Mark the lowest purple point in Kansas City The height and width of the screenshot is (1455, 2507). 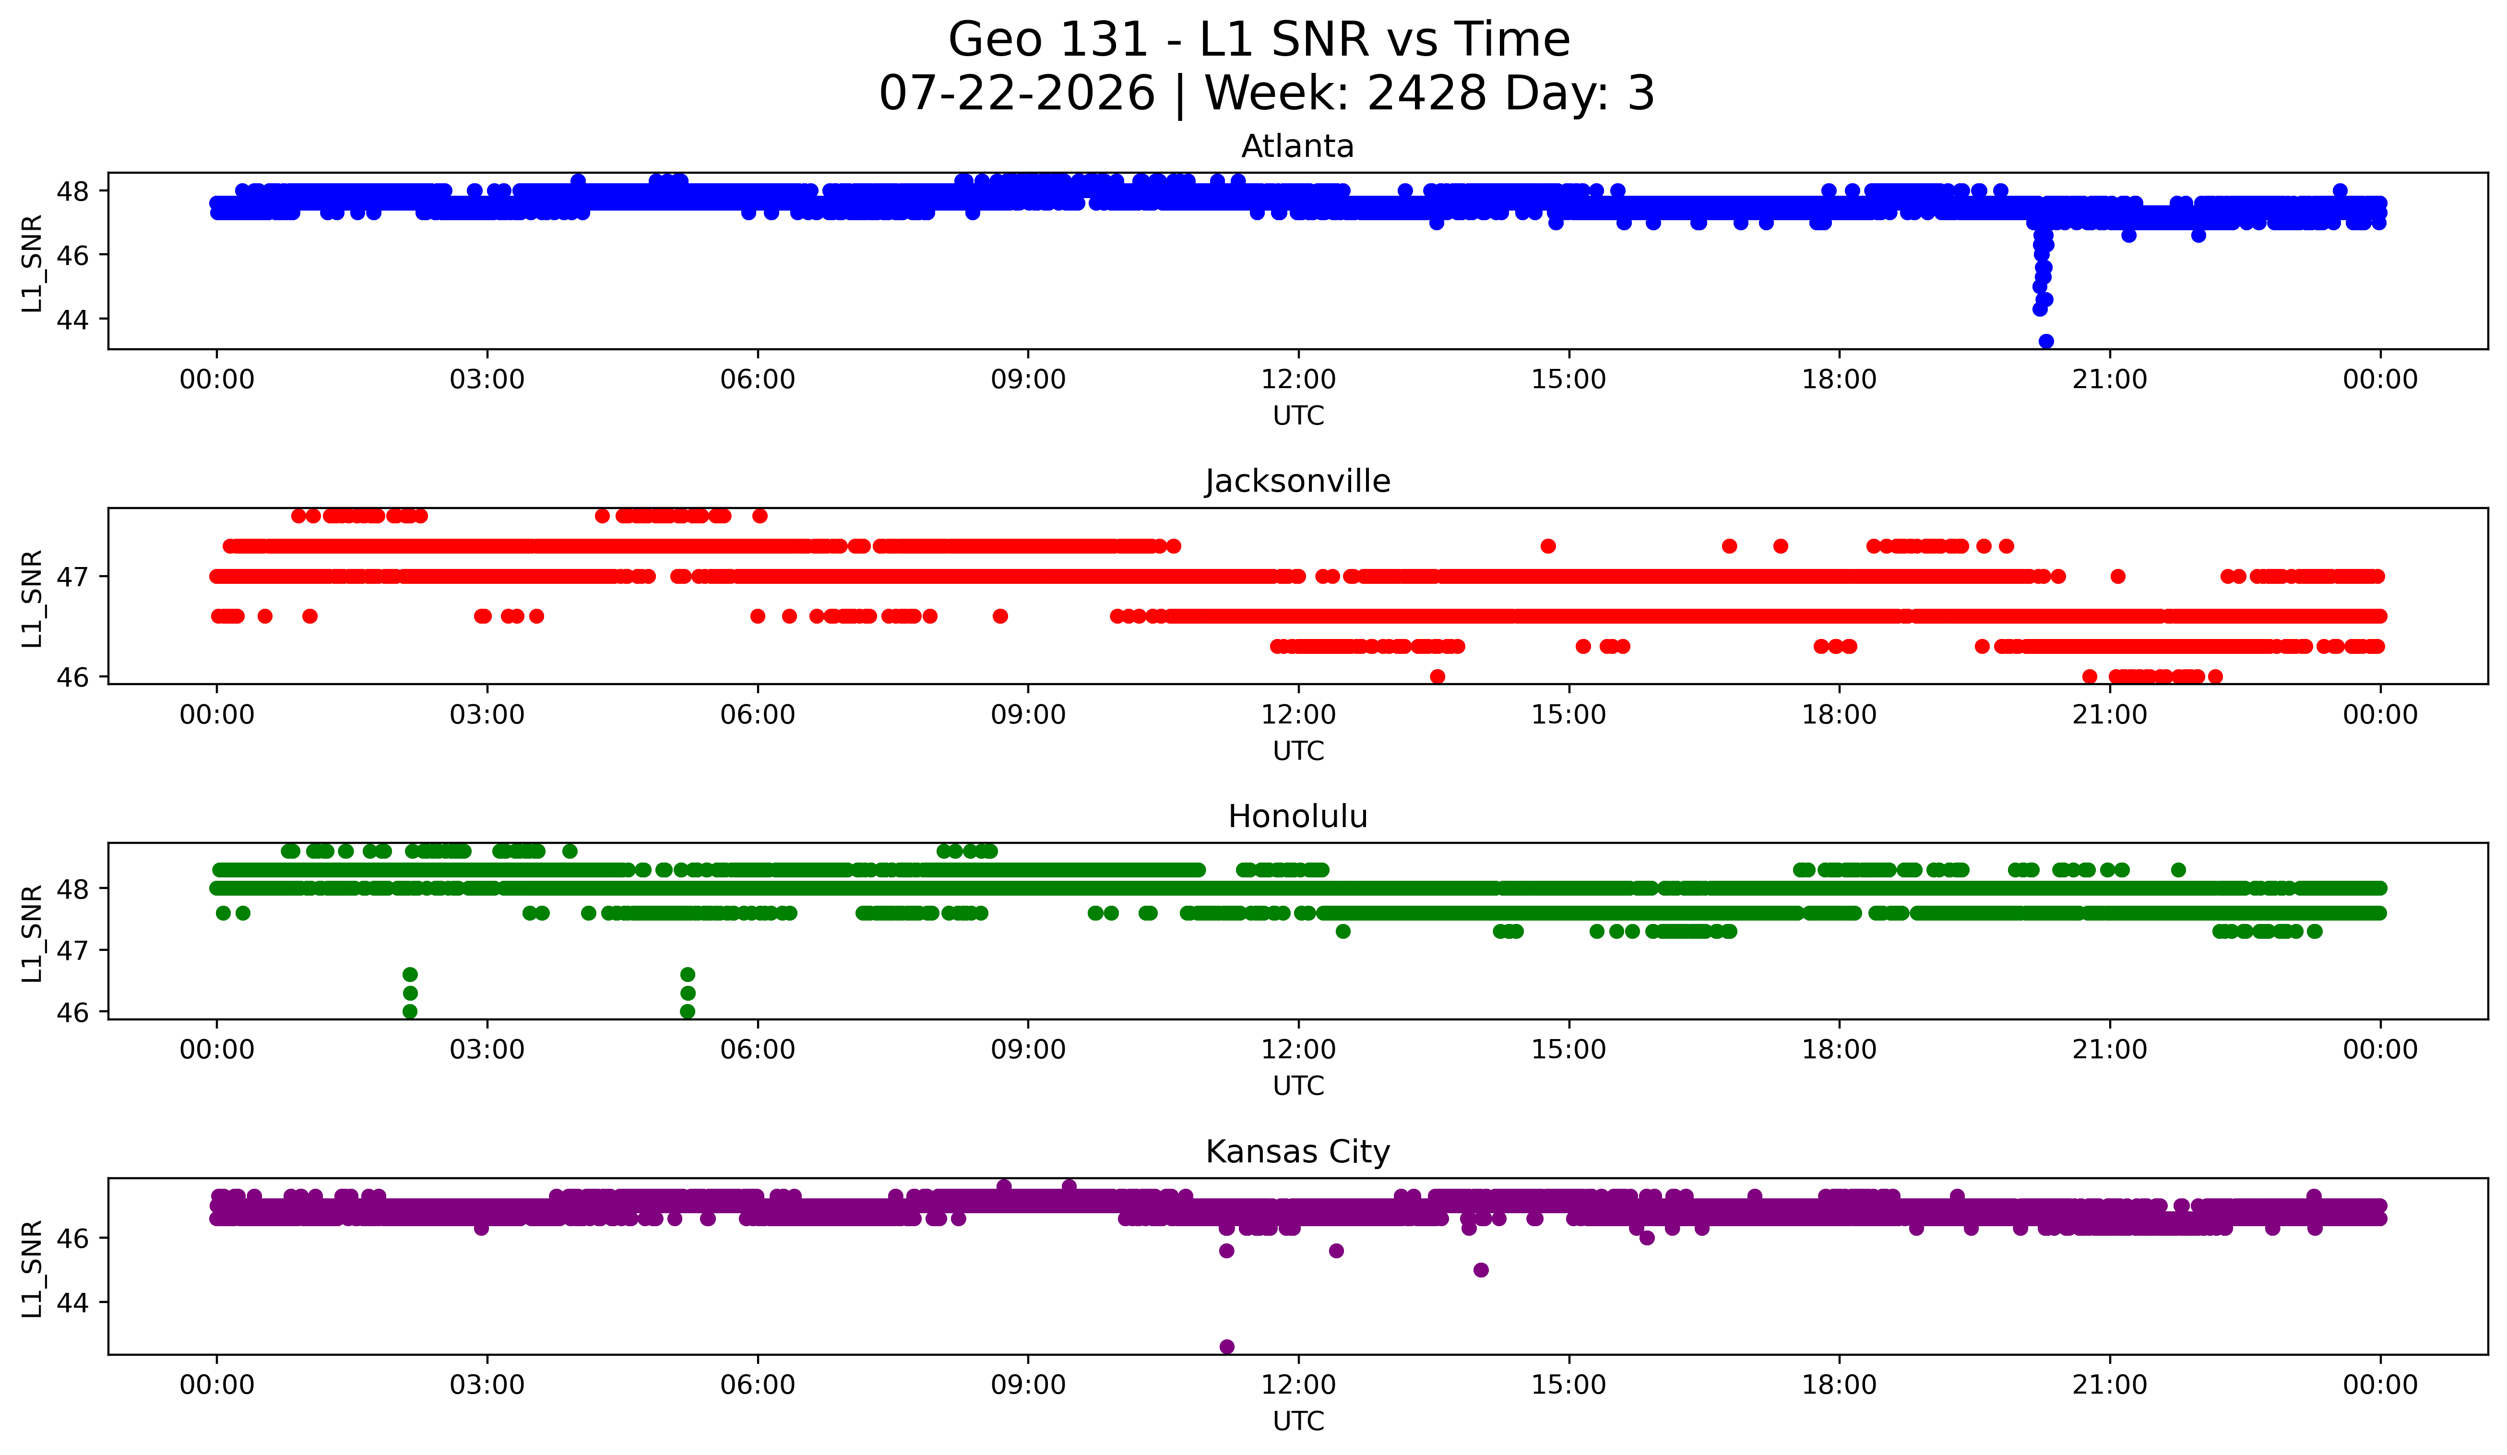tap(1227, 1347)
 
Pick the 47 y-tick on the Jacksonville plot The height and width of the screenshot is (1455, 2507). tap(72, 577)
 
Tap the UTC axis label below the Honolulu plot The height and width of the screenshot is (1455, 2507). tap(1298, 1086)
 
